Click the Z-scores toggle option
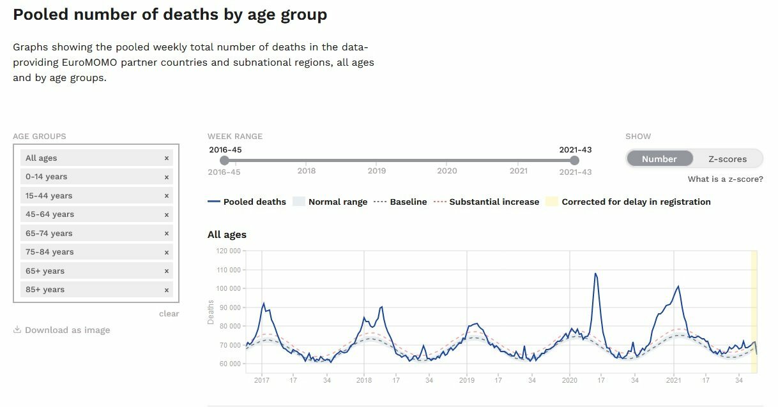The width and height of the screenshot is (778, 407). click(x=728, y=159)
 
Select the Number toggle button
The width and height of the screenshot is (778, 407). click(x=659, y=159)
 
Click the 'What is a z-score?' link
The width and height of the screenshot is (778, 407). click(x=725, y=179)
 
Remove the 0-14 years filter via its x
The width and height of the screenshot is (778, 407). click(x=167, y=177)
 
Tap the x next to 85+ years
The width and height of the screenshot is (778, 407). click(x=167, y=290)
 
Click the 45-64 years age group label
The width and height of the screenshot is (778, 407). click(x=50, y=214)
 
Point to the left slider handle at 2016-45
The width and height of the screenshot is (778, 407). click(x=224, y=160)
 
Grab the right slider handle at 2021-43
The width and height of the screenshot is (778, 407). click(x=574, y=160)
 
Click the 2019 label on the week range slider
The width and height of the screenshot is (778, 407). click(x=376, y=171)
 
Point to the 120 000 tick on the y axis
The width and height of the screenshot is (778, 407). click(x=228, y=251)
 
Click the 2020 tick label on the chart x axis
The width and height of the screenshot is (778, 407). click(x=569, y=380)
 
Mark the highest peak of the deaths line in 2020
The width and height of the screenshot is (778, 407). click(x=595, y=274)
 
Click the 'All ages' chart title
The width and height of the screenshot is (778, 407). click(x=227, y=235)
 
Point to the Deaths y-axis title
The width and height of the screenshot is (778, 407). click(x=211, y=313)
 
